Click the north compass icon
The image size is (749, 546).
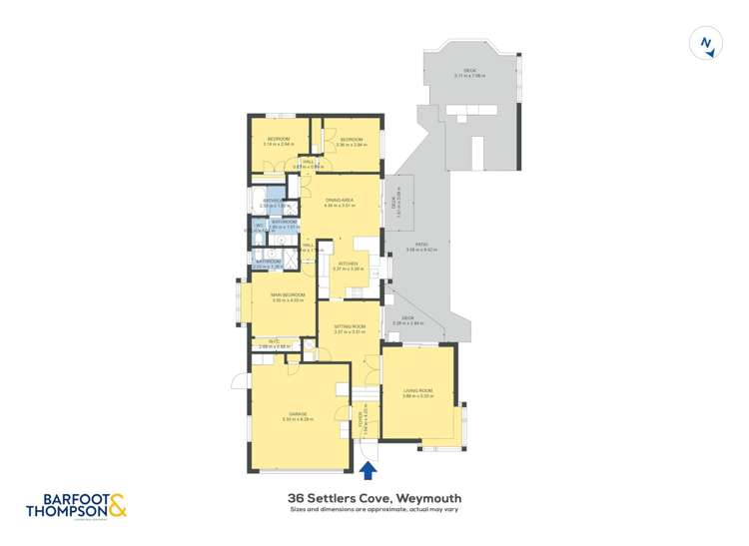point(707,43)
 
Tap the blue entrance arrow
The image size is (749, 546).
point(368,469)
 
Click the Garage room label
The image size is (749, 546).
point(298,413)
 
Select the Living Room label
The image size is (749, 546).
point(417,391)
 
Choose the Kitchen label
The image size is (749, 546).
point(348,265)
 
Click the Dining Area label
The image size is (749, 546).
point(340,202)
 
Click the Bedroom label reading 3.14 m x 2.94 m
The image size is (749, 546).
point(278,140)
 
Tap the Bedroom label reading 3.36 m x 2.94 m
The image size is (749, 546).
point(350,140)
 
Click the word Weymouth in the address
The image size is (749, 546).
point(428,497)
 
